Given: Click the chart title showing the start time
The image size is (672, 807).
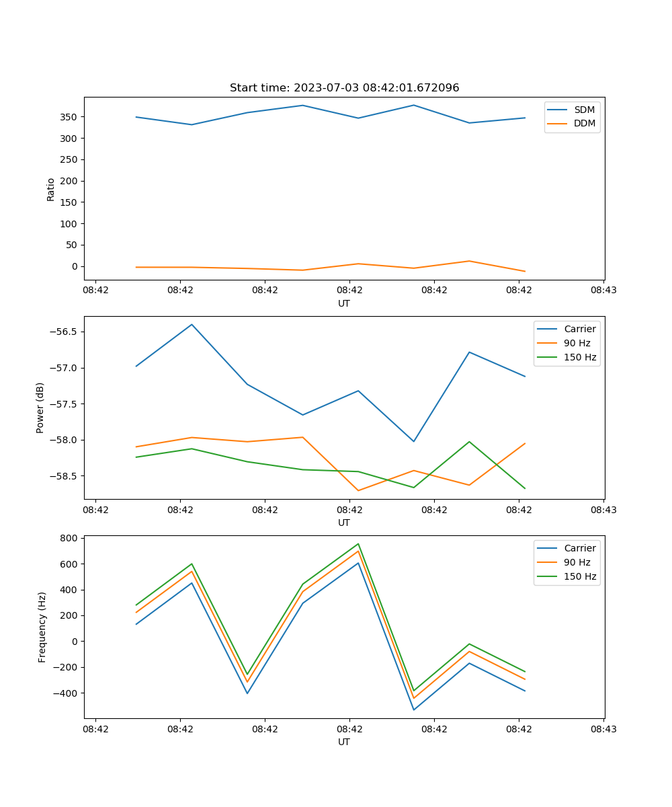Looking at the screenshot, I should pyautogui.click(x=344, y=87).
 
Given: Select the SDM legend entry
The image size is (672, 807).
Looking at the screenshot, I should pyautogui.click(x=584, y=110).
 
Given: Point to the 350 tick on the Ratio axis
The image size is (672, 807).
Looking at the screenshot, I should pyautogui.click(x=68, y=117).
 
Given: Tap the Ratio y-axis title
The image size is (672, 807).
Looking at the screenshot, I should pyautogui.click(x=51, y=189).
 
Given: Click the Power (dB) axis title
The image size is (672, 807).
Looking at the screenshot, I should pyautogui.click(x=40, y=408).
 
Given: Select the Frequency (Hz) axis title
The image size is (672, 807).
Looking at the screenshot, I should pyautogui.click(x=42, y=627).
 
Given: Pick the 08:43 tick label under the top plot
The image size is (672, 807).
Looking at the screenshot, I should pyautogui.click(x=603, y=290).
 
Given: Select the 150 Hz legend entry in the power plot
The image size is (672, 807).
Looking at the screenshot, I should pyautogui.click(x=580, y=357).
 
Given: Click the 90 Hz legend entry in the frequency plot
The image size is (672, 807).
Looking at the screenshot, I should pyautogui.click(x=577, y=562).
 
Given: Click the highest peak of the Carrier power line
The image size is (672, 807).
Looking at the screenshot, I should pyautogui.click(x=192, y=324).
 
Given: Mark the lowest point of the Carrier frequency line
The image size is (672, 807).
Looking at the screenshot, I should pyautogui.click(x=414, y=709).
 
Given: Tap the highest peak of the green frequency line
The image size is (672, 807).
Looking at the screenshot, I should pyautogui.click(x=358, y=543).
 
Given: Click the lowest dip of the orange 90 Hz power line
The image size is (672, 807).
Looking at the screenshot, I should pyautogui.click(x=358, y=490).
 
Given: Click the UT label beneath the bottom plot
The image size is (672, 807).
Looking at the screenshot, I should pyautogui.click(x=344, y=742).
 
